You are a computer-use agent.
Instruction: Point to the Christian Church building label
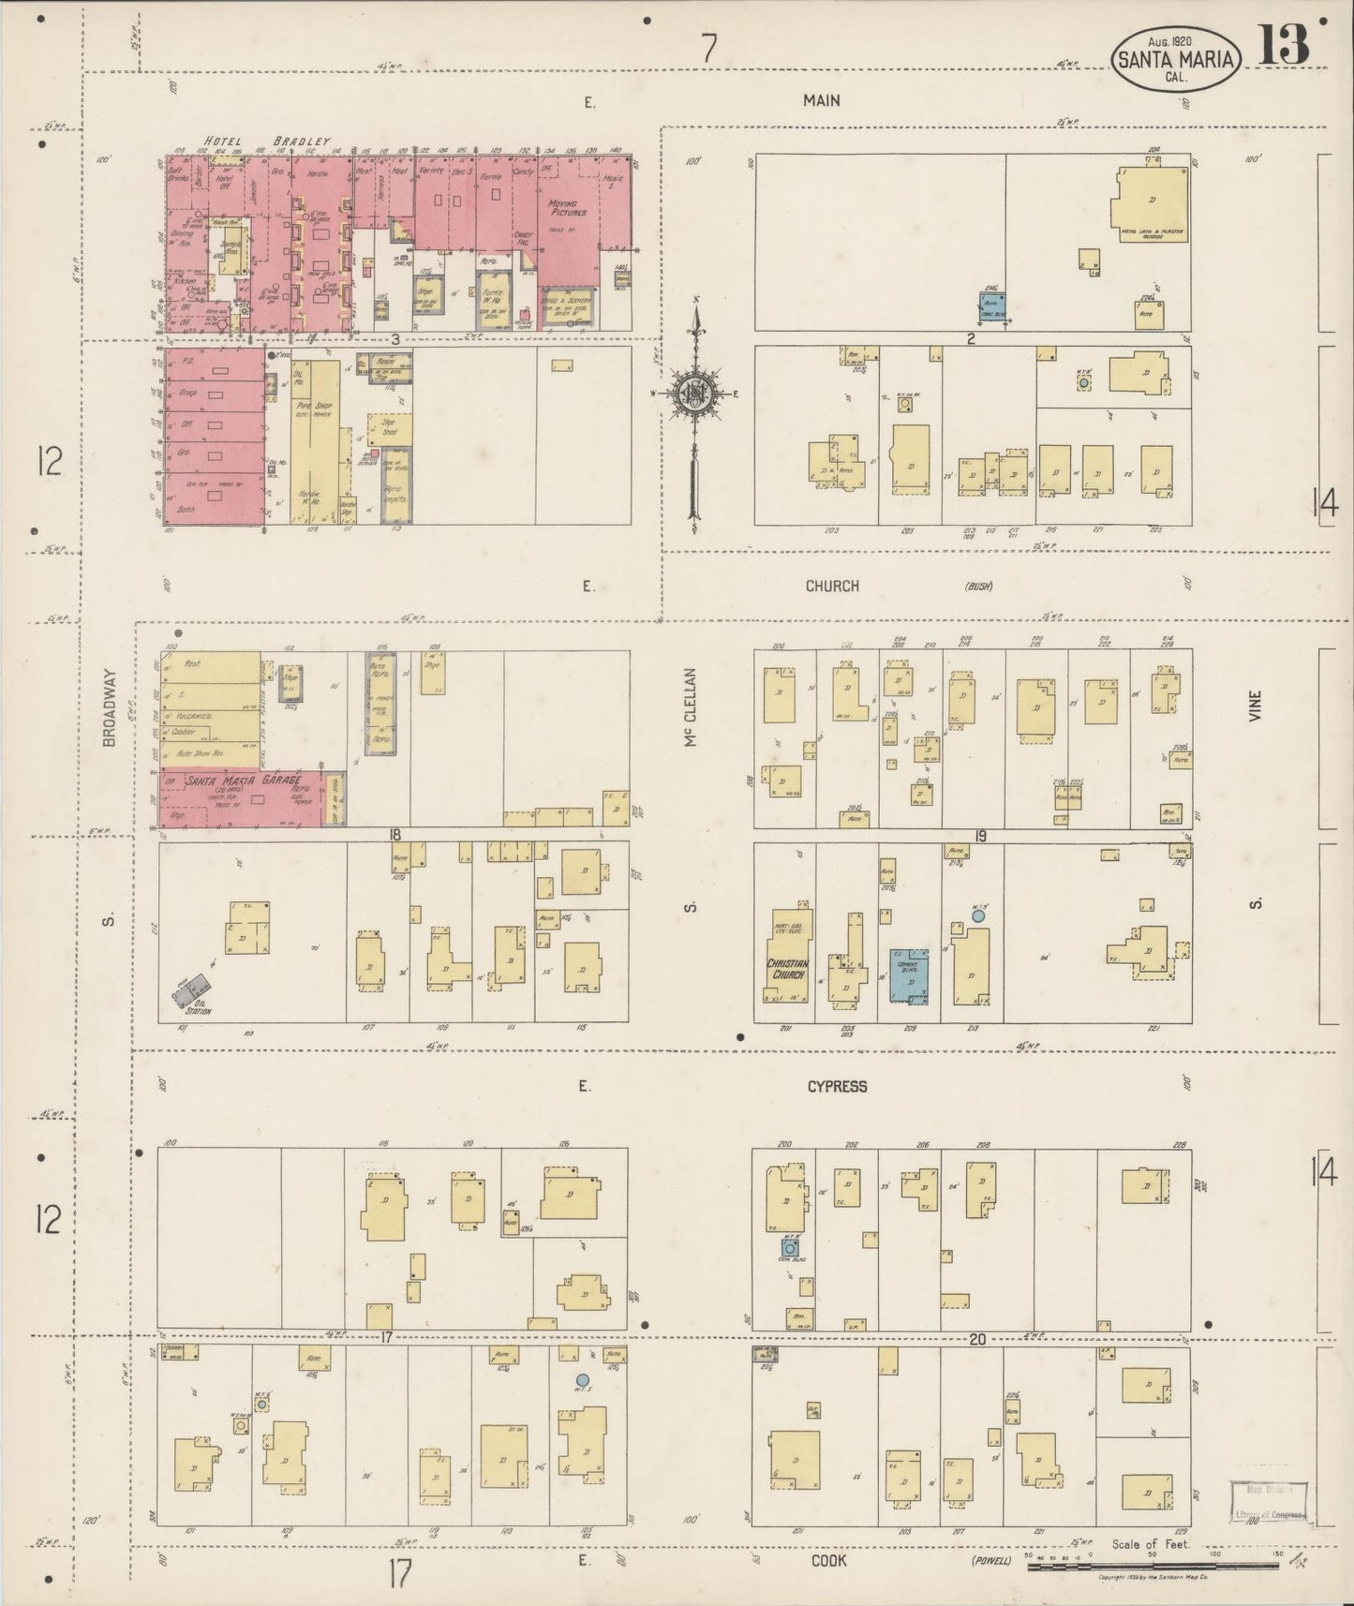tap(787, 968)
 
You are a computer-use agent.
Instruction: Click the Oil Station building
tap(193, 989)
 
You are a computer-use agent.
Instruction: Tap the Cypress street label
tap(837, 1086)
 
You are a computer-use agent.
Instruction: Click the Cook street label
tap(829, 1560)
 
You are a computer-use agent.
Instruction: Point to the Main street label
tap(821, 100)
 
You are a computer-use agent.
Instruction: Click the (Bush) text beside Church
tap(978, 587)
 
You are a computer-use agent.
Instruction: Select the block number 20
tap(976, 1339)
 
